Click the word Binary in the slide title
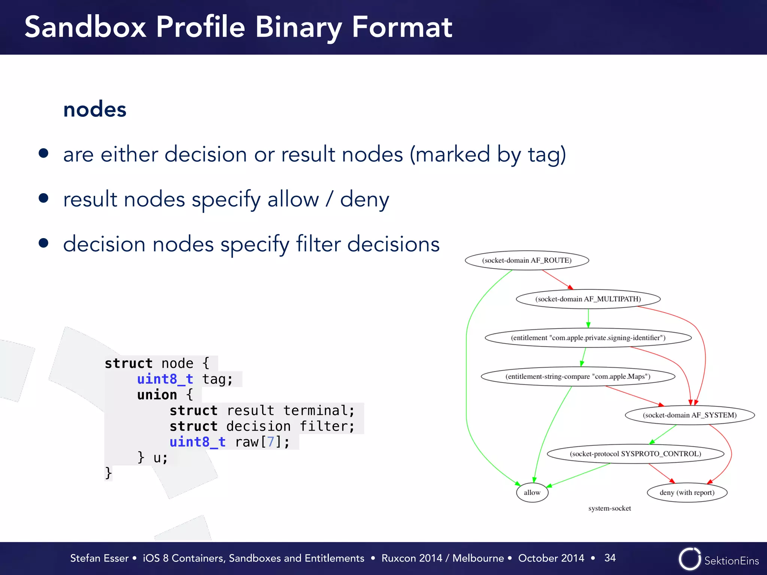click(x=298, y=28)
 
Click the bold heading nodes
click(x=95, y=110)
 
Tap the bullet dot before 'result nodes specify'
click(x=44, y=198)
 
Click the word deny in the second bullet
click(x=364, y=199)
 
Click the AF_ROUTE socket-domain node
click(x=527, y=260)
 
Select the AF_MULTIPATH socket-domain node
click(x=588, y=299)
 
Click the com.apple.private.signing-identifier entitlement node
click(x=588, y=338)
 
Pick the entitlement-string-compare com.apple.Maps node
click(x=577, y=376)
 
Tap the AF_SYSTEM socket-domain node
click(x=689, y=415)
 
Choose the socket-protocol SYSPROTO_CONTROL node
click(x=635, y=454)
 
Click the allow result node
click(x=532, y=492)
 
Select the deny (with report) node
click(x=686, y=492)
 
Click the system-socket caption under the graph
click(x=609, y=508)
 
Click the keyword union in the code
click(x=157, y=395)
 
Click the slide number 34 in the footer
click(x=610, y=558)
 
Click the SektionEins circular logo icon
click(x=689, y=559)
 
